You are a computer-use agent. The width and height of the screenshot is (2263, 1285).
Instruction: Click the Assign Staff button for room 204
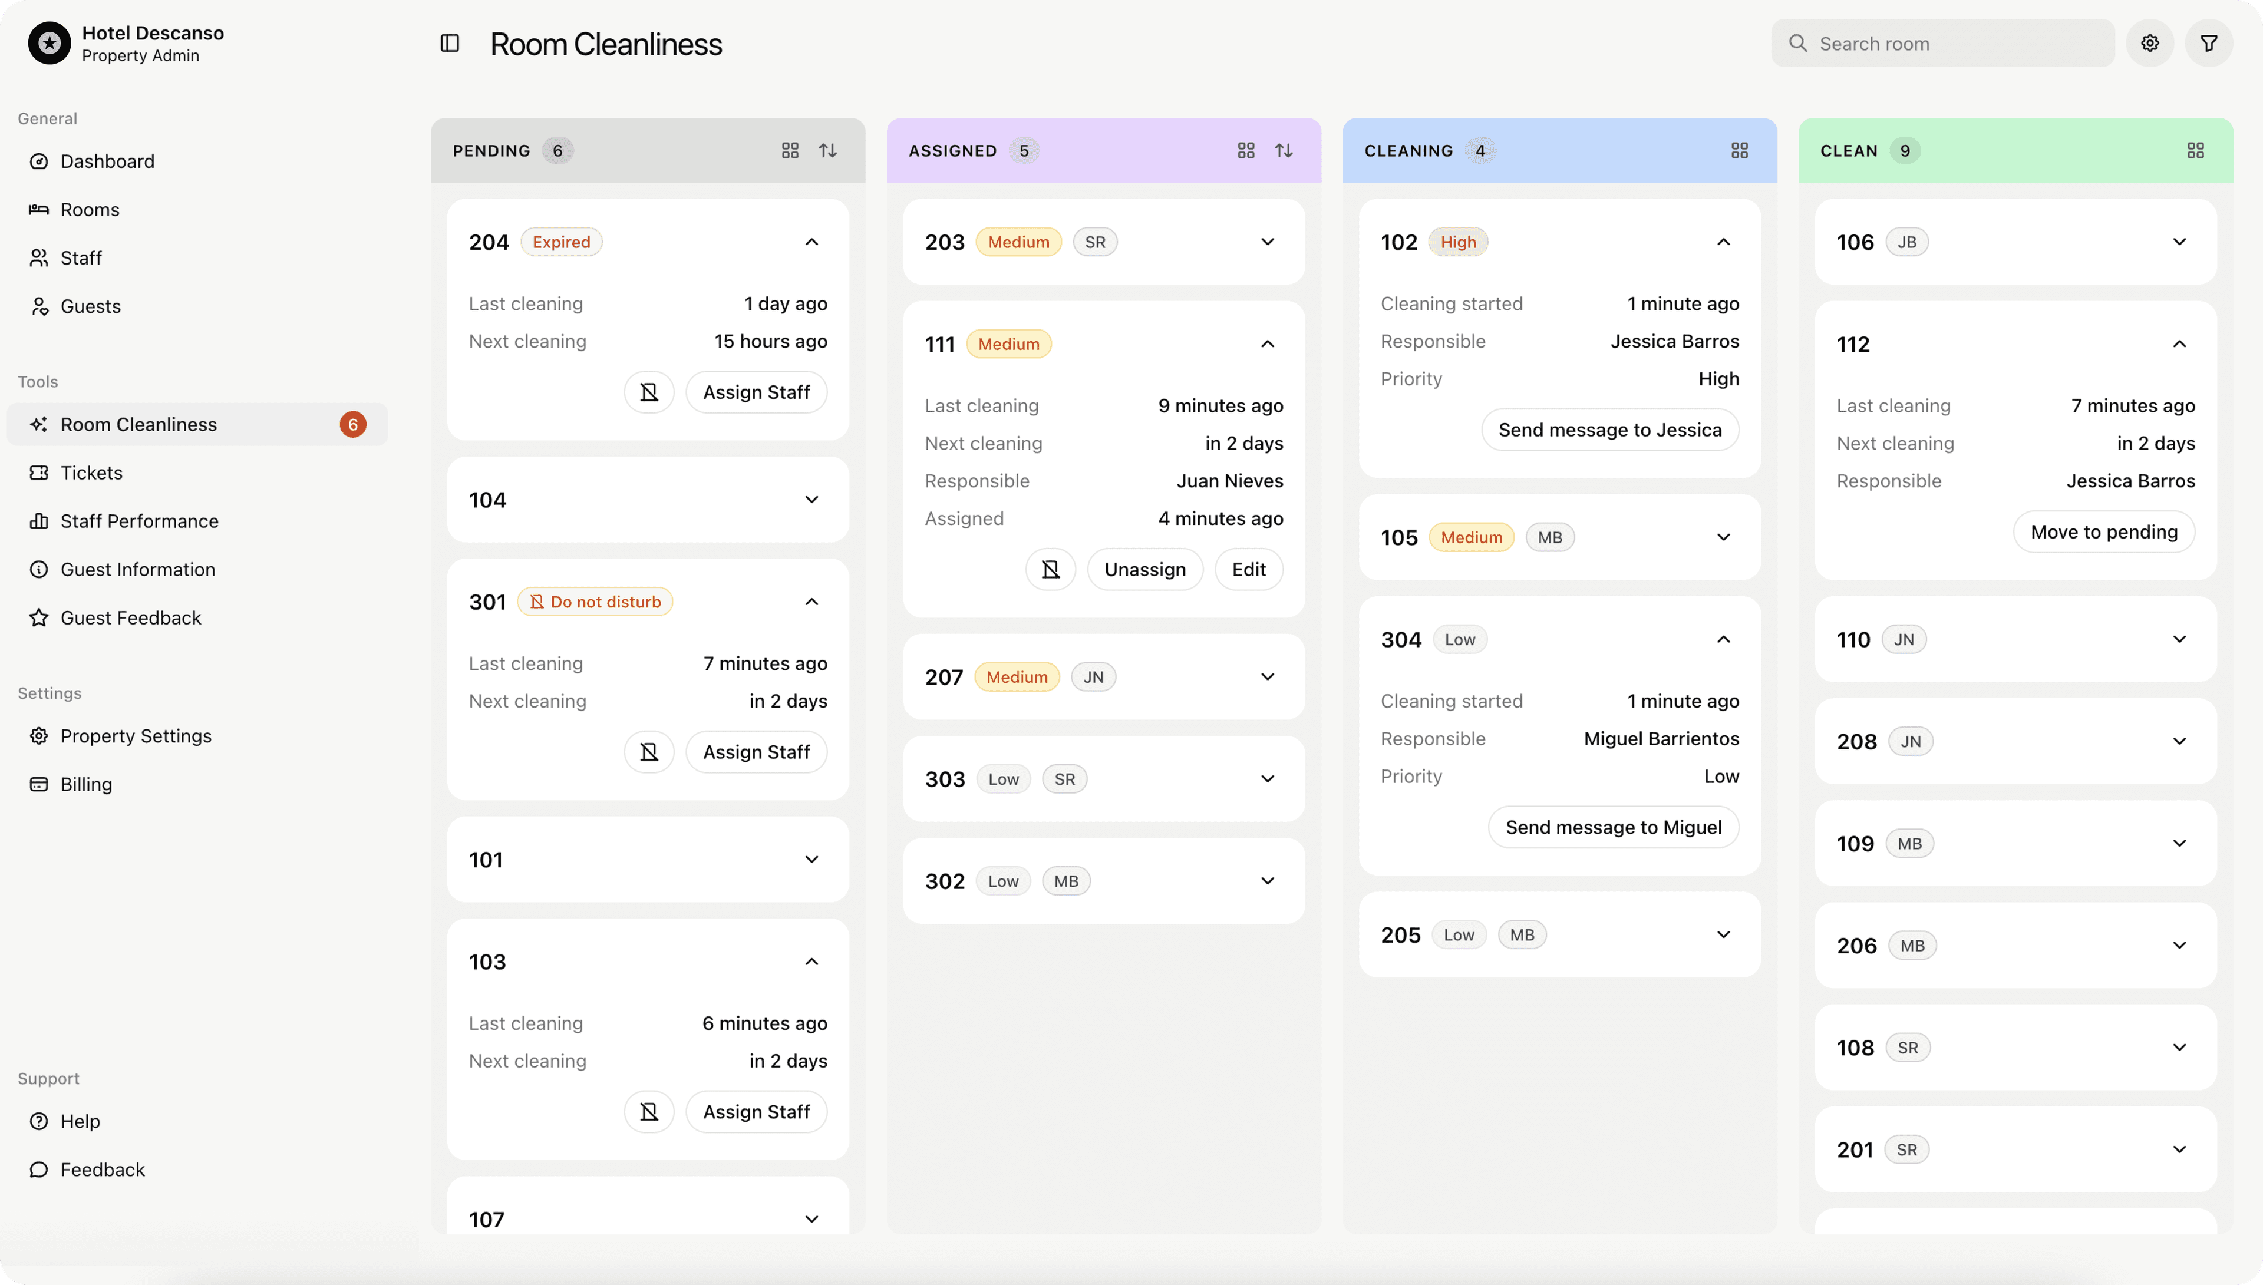point(756,392)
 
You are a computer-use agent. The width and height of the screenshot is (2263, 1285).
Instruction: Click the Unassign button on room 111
point(1144,569)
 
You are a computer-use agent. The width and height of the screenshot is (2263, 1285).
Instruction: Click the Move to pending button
point(2103,532)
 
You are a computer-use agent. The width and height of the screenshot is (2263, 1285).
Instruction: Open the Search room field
point(1942,43)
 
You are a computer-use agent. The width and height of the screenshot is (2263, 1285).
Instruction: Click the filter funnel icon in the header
point(2208,43)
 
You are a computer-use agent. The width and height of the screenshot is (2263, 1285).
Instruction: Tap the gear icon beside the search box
point(2149,43)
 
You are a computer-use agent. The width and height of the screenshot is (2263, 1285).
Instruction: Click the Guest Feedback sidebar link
point(131,618)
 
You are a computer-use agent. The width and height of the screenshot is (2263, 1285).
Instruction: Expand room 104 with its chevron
point(811,500)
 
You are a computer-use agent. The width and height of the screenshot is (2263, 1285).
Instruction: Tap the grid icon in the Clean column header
point(2195,151)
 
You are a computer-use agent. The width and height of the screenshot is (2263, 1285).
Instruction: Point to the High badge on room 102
point(1457,242)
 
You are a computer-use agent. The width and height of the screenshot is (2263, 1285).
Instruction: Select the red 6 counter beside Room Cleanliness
point(352,425)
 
